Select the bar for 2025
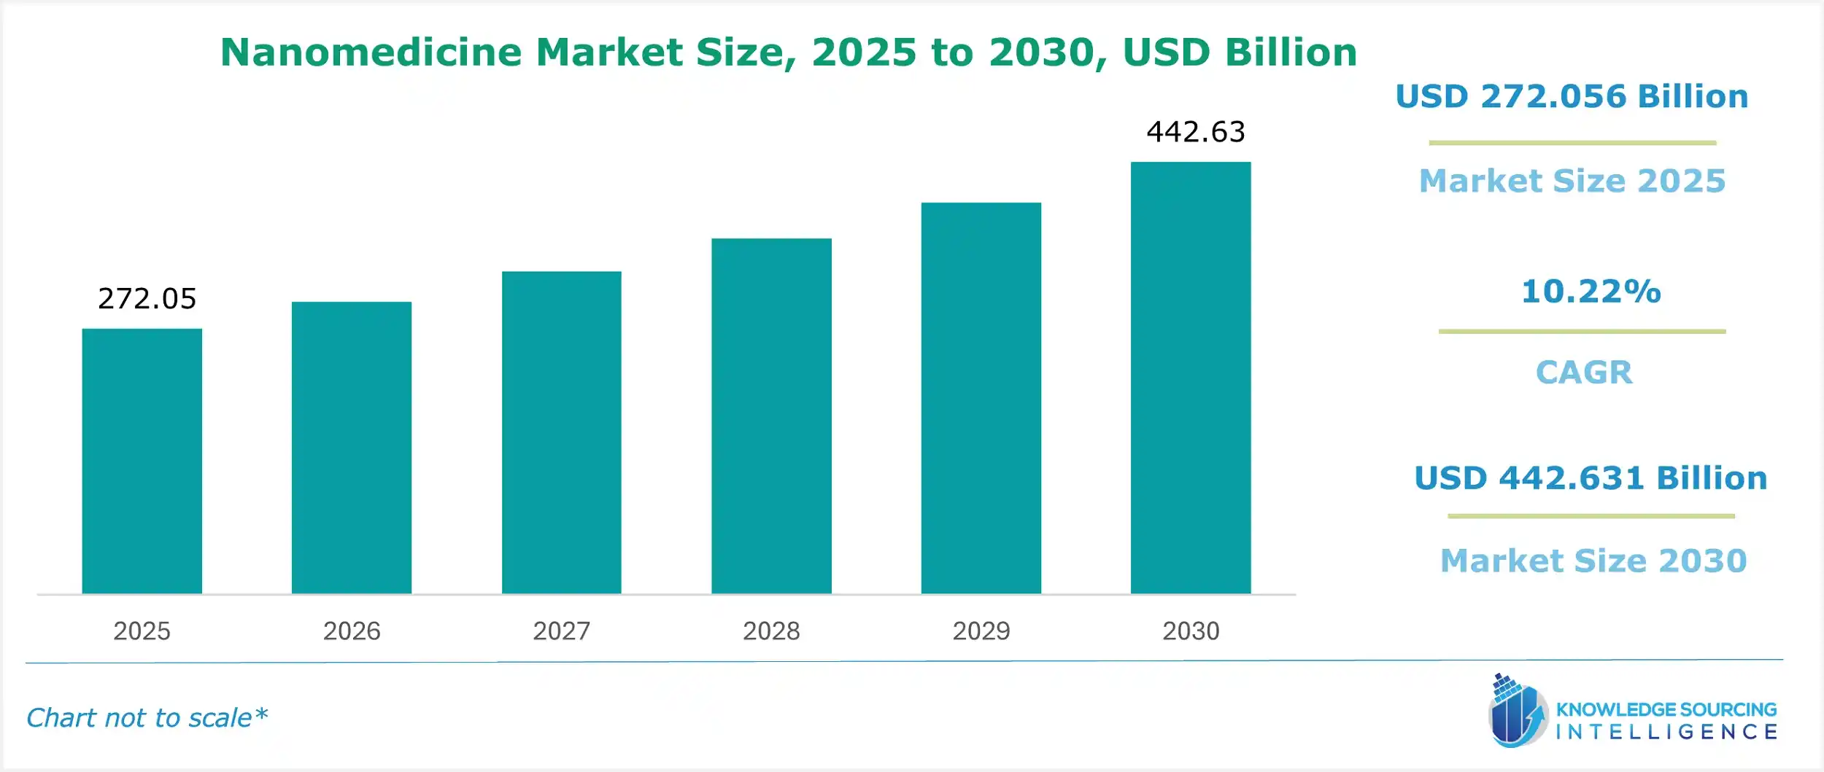[142, 461]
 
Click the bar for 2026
[352, 448]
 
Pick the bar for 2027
[561, 432]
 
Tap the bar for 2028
[771, 416]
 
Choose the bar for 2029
[981, 398]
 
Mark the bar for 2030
[1191, 378]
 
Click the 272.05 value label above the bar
[147, 299]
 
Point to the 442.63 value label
[1196, 132]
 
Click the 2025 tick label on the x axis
[142, 631]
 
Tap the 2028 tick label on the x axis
[771, 631]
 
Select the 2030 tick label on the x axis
[1191, 631]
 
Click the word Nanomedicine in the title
[371, 52]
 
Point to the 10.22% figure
[1591, 292]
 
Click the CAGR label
[1584, 373]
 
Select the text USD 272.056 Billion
[1572, 97]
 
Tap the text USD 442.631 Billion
[1591, 478]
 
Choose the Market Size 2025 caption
[1572, 181]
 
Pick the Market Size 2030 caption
[1593, 561]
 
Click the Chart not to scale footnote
[147, 718]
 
